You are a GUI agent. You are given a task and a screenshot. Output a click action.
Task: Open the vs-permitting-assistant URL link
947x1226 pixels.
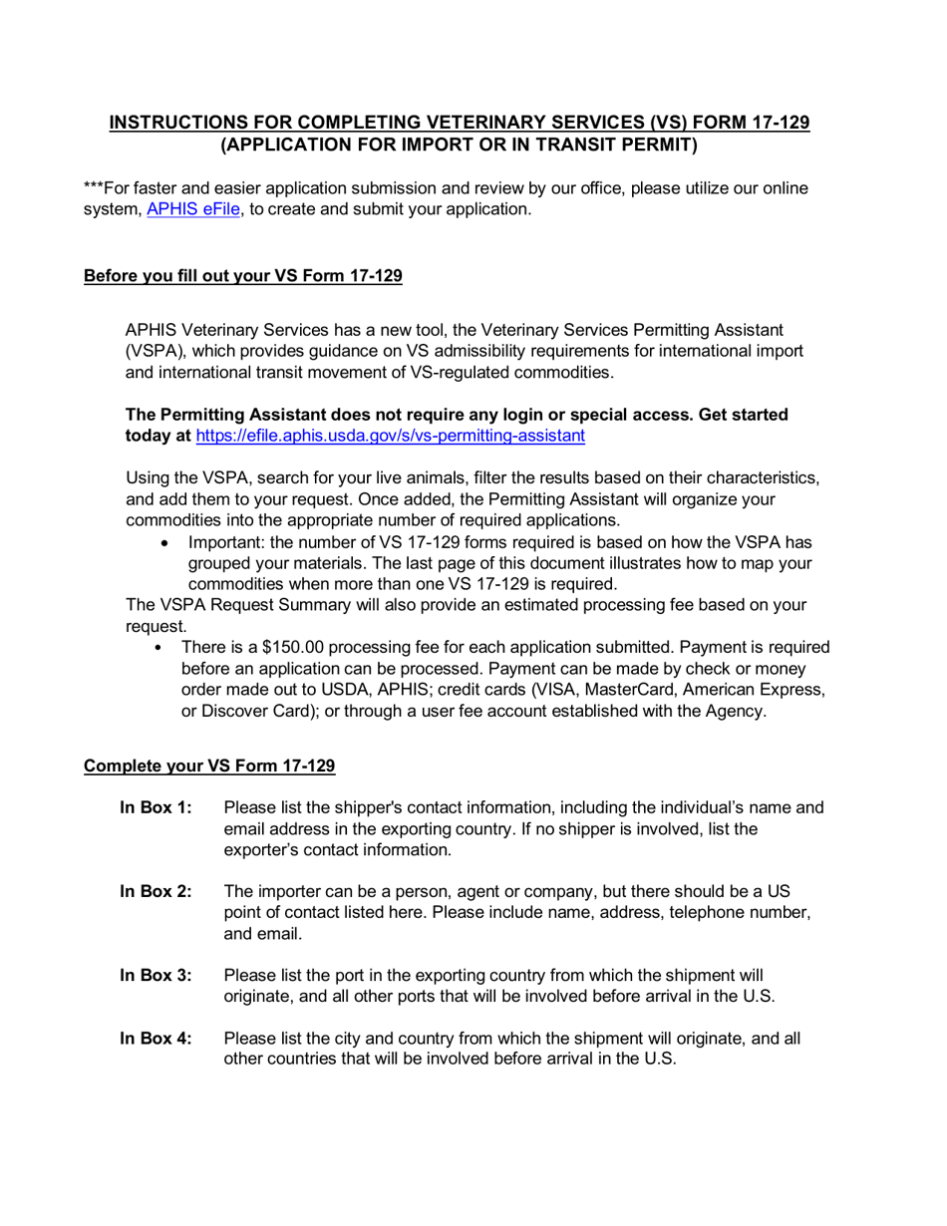coord(390,436)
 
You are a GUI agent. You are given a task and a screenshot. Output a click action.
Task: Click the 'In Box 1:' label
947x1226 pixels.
coord(156,807)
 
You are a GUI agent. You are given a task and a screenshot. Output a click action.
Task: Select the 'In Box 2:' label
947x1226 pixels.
coord(156,891)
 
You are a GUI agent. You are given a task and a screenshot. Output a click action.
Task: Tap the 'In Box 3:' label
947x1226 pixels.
coord(156,975)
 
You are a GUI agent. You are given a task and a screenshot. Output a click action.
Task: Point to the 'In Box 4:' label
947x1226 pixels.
coord(156,1038)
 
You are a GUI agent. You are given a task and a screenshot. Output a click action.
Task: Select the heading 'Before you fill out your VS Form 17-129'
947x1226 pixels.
coord(243,276)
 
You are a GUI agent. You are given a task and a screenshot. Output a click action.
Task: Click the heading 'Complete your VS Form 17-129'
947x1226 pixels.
coord(209,766)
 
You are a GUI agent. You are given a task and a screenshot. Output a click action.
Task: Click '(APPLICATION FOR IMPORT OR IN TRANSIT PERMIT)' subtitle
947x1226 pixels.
coord(459,145)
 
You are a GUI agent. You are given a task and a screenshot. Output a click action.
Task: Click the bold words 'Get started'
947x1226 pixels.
coord(743,414)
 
